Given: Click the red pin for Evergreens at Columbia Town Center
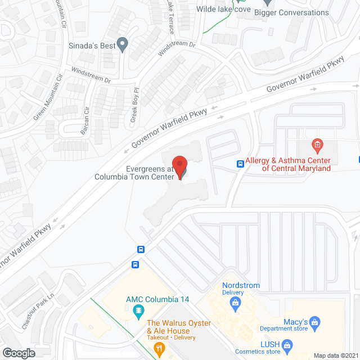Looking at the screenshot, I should tap(180, 168).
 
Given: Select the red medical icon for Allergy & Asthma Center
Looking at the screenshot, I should tap(317, 146).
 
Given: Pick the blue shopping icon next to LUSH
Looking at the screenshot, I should tap(287, 344).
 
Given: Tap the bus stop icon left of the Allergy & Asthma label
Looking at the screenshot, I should tap(240, 164).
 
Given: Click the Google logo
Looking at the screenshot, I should tap(19, 353).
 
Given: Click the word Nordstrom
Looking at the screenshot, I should tap(241, 285).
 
